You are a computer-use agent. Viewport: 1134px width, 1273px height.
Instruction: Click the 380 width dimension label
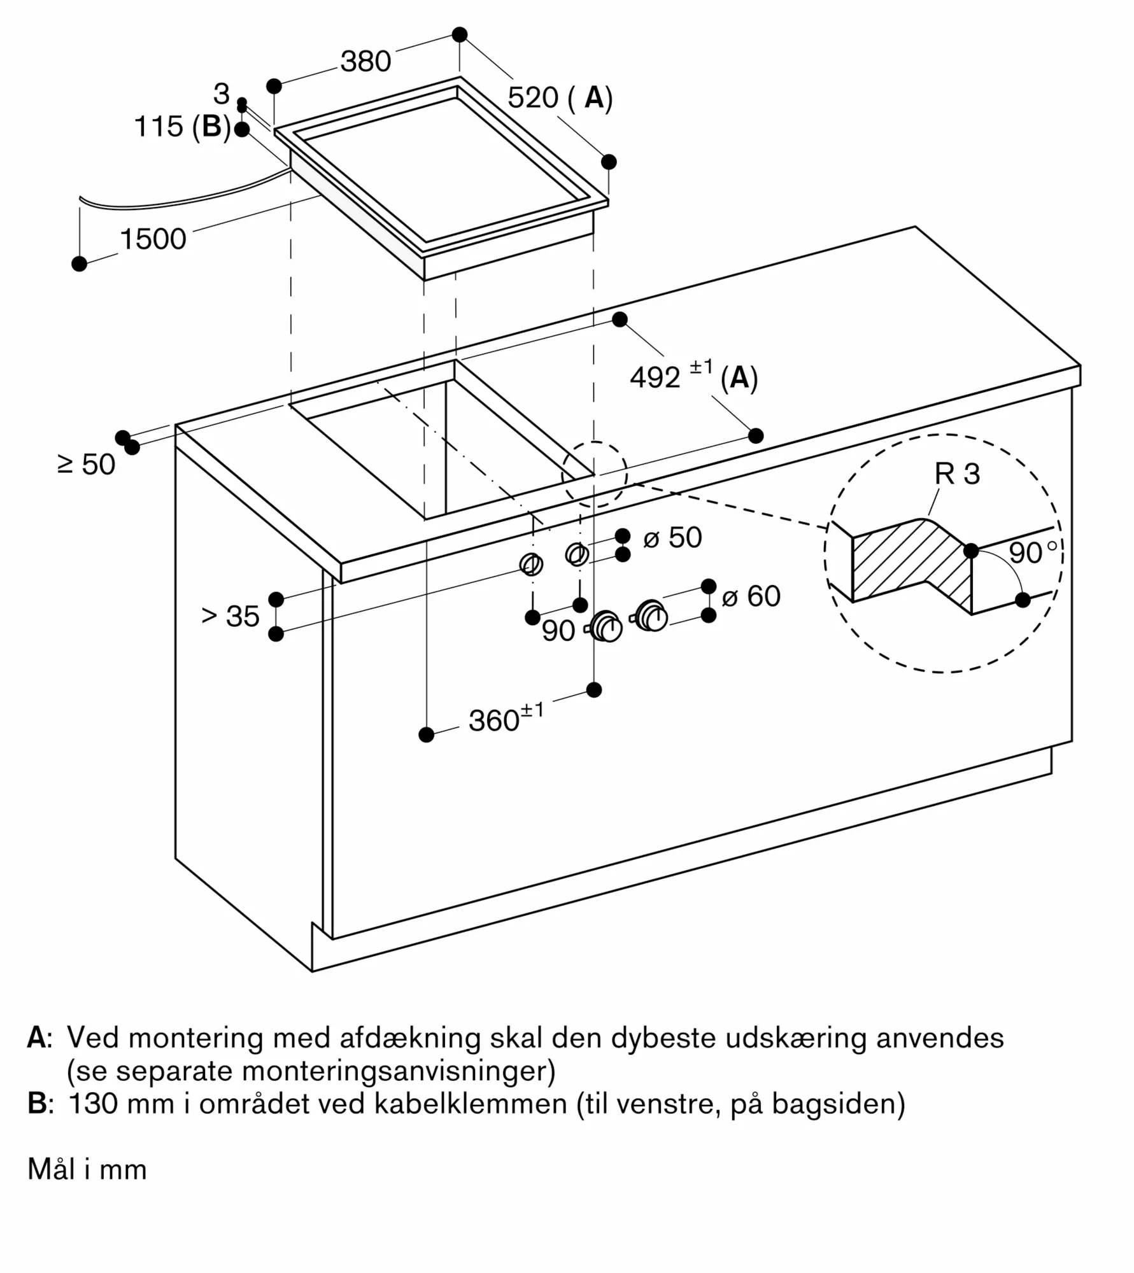click(365, 62)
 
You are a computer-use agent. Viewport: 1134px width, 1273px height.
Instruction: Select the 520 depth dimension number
click(533, 98)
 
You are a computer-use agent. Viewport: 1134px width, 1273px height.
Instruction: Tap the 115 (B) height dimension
click(182, 126)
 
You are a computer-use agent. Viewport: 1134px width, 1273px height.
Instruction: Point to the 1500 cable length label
click(153, 239)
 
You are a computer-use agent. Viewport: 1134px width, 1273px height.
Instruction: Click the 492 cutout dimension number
click(655, 377)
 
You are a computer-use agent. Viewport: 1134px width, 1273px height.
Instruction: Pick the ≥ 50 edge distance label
click(87, 465)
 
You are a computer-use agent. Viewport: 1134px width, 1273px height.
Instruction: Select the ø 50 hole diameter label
click(673, 537)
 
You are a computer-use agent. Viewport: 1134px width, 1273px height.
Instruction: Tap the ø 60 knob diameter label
click(751, 596)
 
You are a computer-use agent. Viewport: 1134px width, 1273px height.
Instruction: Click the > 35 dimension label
click(230, 616)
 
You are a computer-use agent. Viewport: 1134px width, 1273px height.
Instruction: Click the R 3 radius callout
click(957, 474)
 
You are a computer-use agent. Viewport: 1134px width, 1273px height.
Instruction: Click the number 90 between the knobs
click(558, 631)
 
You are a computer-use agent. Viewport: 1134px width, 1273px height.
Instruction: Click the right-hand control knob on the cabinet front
click(651, 615)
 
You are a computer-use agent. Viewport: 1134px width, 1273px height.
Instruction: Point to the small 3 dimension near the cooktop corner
click(221, 94)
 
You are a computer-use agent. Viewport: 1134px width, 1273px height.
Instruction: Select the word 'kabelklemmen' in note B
click(471, 1104)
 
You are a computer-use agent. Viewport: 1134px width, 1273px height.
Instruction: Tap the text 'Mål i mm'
click(87, 1169)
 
